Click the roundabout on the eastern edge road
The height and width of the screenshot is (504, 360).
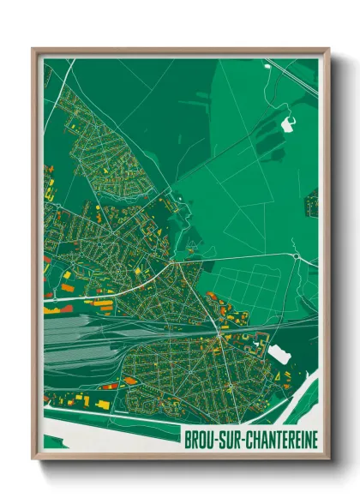point(297,255)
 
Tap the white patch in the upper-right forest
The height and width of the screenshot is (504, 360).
point(288,125)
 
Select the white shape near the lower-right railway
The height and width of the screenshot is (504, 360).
point(279,351)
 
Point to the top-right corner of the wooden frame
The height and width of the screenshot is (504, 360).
point(327,50)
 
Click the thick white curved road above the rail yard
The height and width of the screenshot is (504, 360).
point(111,290)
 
